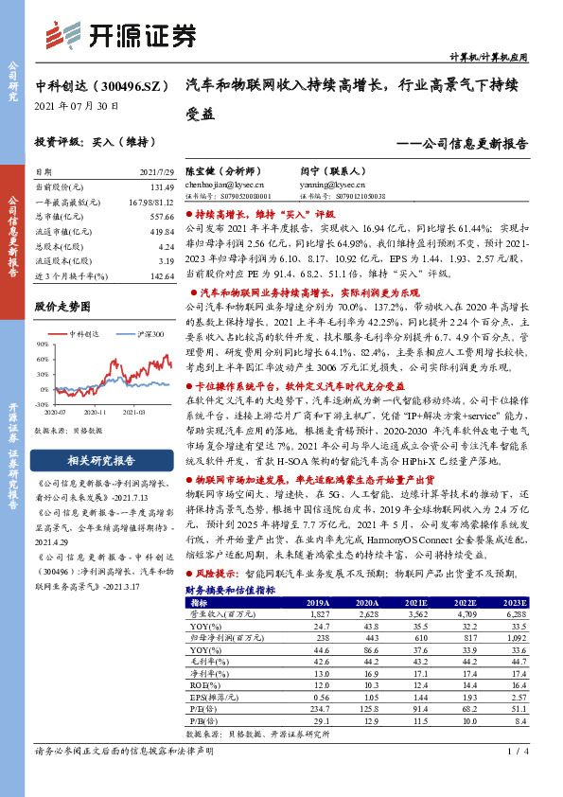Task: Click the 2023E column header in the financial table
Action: coord(513,601)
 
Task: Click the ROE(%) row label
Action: coord(202,684)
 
